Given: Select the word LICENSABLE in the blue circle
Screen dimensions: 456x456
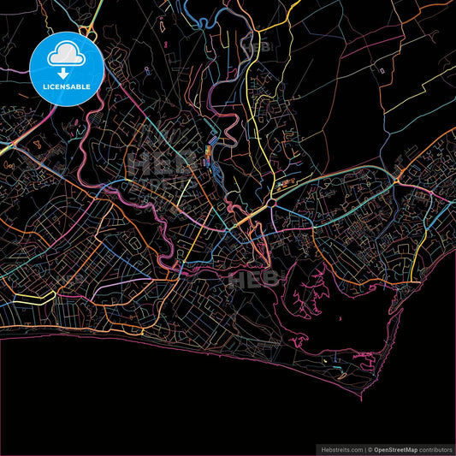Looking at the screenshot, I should coord(67,86).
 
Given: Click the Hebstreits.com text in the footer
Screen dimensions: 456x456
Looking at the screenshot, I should coord(341,447).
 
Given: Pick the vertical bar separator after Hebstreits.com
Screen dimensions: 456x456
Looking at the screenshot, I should coord(364,447).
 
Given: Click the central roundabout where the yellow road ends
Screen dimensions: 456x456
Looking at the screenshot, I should coord(271,202).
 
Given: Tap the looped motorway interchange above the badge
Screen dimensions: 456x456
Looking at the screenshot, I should coord(86,31).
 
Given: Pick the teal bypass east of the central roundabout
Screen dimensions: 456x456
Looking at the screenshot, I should coord(334,193).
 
